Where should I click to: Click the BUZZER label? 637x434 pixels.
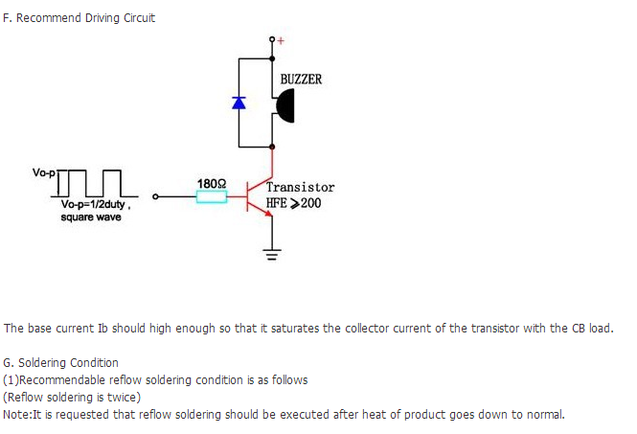click(x=301, y=79)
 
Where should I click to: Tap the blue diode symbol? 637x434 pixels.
click(x=239, y=102)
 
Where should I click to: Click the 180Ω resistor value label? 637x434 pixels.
click(x=212, y=182)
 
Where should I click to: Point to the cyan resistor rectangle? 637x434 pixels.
click(x=212, y=197)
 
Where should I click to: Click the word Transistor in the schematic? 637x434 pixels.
click(x=301, y=188)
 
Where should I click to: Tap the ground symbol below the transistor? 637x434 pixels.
click(x=273, y=255)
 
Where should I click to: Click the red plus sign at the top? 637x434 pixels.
click(x=281, y=40)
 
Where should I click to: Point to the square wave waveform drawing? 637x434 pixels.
click(x=93, y=182)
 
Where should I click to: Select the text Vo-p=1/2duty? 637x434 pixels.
click(x=93, y=205)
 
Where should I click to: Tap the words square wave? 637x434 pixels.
click(x=91, y=217)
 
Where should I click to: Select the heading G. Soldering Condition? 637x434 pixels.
click(x=61, y=363)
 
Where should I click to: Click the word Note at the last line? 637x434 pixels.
click(x=16, y=414)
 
